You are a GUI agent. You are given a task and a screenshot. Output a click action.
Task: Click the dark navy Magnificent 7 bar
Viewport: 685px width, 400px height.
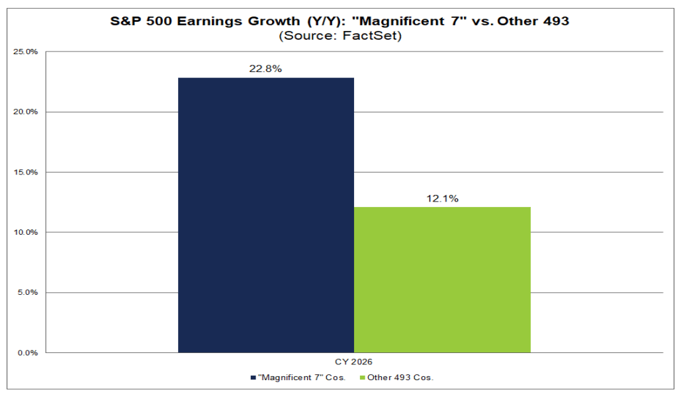click(x=266, y=215)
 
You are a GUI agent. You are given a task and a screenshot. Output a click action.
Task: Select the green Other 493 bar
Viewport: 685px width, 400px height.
click(x=442, y=279)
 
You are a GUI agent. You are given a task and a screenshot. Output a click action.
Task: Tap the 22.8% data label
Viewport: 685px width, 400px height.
click(x=265, y=69)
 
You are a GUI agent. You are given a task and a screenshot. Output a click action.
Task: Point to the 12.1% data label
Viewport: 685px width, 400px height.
click(x=442, y=198)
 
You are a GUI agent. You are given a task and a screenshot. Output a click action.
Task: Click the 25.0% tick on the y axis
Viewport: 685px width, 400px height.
click(x=26, y=52)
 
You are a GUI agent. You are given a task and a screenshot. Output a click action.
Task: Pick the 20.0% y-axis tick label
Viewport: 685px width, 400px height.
click(x=26, y=112)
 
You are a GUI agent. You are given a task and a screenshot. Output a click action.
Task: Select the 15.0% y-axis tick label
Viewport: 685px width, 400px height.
click(x=26, y=172)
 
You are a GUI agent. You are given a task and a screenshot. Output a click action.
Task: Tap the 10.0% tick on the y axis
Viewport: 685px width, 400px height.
click(x=26, y=232)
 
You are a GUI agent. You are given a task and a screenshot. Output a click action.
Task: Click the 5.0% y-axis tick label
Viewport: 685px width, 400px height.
click(x=28, y=292)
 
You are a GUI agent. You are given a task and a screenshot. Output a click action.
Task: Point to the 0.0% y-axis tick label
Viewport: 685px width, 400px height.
click(x=28, y=352)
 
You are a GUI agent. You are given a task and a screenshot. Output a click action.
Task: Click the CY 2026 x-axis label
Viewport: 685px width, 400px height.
click(x=354, y=362)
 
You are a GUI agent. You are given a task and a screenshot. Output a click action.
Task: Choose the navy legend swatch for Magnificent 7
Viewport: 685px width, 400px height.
click(x=253, y=378)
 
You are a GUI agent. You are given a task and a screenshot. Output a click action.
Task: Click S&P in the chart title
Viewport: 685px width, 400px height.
click(x=125, y=21)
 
